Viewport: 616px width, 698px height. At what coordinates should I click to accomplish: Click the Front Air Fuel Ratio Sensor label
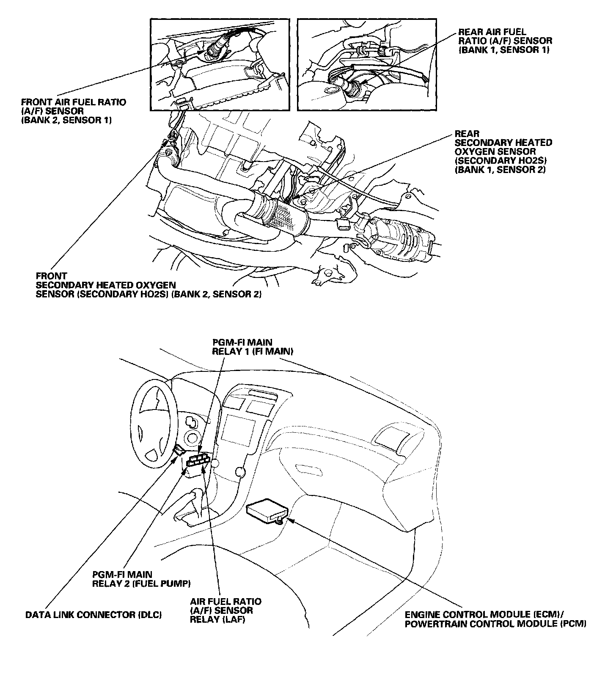click(x=73, y=111)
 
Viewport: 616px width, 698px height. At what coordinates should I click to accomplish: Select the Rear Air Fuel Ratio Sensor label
click(x=505, y=41)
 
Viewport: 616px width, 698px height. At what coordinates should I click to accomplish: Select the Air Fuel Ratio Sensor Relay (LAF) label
click(x=225, y=610)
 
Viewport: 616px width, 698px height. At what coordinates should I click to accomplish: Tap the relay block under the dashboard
click(x=198, y=461)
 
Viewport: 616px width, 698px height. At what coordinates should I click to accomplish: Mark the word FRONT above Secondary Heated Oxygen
click(x=51, y=276)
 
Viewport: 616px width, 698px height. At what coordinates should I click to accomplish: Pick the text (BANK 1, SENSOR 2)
click(x=500, y=170)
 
